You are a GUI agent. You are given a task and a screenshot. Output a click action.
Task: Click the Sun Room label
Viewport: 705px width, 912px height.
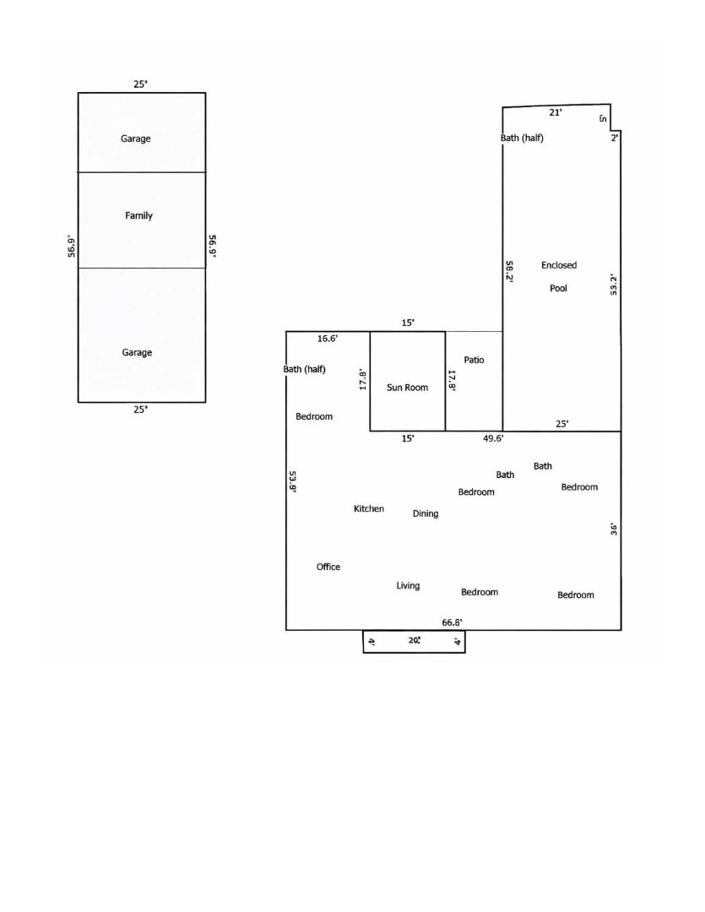click(x=407, y=388)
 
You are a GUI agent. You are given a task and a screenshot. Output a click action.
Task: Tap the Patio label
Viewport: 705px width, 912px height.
click(x=474, y=360)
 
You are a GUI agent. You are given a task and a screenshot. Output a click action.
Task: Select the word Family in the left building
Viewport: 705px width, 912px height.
click(x=138, y=216)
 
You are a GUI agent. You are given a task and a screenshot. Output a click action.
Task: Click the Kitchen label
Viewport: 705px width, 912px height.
click(x=369, y=509)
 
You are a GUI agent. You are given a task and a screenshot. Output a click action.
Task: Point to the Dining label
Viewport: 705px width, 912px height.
click(x=426, y=513)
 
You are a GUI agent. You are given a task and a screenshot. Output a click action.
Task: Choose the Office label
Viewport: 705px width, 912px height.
click(x=328, y=567)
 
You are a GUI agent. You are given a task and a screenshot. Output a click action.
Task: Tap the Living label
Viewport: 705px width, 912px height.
click(x=408, y=586)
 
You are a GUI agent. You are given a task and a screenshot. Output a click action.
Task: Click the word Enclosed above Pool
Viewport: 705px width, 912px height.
click(x=559, y=265)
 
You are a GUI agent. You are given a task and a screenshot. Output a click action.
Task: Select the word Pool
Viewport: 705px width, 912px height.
click(x=558, y=289)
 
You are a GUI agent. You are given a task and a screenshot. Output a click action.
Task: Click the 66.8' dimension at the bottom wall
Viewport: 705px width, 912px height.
click(x=452, y=622)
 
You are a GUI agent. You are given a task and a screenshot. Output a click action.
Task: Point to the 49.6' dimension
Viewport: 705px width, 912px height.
click(x=493, y=438)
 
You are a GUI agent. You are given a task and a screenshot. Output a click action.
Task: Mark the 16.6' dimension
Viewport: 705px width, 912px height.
click(x=328, y=339)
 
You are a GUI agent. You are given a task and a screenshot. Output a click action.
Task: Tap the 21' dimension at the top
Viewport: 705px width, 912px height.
click(x=556, y=112)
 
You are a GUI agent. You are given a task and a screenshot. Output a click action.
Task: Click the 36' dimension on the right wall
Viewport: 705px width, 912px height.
click(x=614, y=529)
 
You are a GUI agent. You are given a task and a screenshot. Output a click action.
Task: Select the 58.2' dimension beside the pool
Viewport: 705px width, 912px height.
click(x=509, y=272)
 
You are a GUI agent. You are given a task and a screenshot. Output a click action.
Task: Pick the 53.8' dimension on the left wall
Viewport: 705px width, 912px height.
click(x=293, y=481)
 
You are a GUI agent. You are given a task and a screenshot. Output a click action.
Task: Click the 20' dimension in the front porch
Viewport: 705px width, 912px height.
click(x=415, y=640)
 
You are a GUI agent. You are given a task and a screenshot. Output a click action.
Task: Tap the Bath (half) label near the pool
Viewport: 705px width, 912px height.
click(x=522, y=138)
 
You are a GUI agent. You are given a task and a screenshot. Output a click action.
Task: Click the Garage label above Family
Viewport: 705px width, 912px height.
click(x=136, y=138)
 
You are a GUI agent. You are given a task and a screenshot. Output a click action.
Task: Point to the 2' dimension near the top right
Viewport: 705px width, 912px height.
click(x=615, y=138)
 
